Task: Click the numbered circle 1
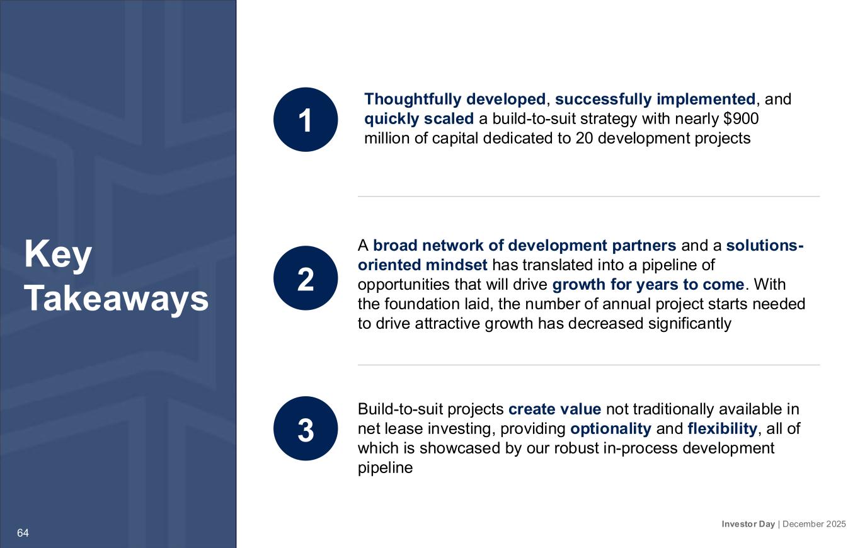[x=306, y=119]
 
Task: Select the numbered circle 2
[x=306, y=278]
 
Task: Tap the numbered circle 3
[x=306, y=428]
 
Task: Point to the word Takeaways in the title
[x=117, y=298]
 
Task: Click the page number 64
[x=23, y=533]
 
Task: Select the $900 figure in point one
[x=740, y=118]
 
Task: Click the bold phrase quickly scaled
[x=419, y=119]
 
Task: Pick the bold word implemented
[x=706, y=100]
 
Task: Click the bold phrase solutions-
[x=765, y=245]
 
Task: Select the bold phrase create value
[x=554, y=409]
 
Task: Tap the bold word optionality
[x=611, y=429]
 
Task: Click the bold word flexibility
[x=722, y=429]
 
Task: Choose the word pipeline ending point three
[x=385, y=468]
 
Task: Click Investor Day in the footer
[x=748, y=524]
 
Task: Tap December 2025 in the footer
[x=813, y=524]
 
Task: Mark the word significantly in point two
[x=689, y=324]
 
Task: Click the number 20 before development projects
[x=584, y=138]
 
